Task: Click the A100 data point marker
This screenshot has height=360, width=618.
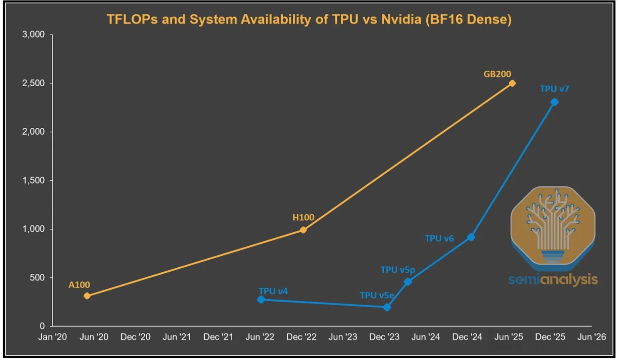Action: tap(87, 296)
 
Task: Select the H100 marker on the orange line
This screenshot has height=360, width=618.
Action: tap(303, 230)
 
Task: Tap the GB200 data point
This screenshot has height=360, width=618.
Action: tap(512, 83)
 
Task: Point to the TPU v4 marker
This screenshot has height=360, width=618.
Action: tap(261, 299)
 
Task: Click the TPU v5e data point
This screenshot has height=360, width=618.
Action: tap(387, 307)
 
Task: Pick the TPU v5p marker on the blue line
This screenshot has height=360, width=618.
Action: tap(408, 282)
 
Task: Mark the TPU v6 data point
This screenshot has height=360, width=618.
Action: tap(471, 237)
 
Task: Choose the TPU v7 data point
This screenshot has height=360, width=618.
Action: tap(554, 102)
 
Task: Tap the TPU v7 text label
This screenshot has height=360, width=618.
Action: tap(554, 89)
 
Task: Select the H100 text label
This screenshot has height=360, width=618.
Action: tap(303, 218)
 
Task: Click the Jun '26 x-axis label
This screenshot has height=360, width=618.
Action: tap(593, 337)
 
